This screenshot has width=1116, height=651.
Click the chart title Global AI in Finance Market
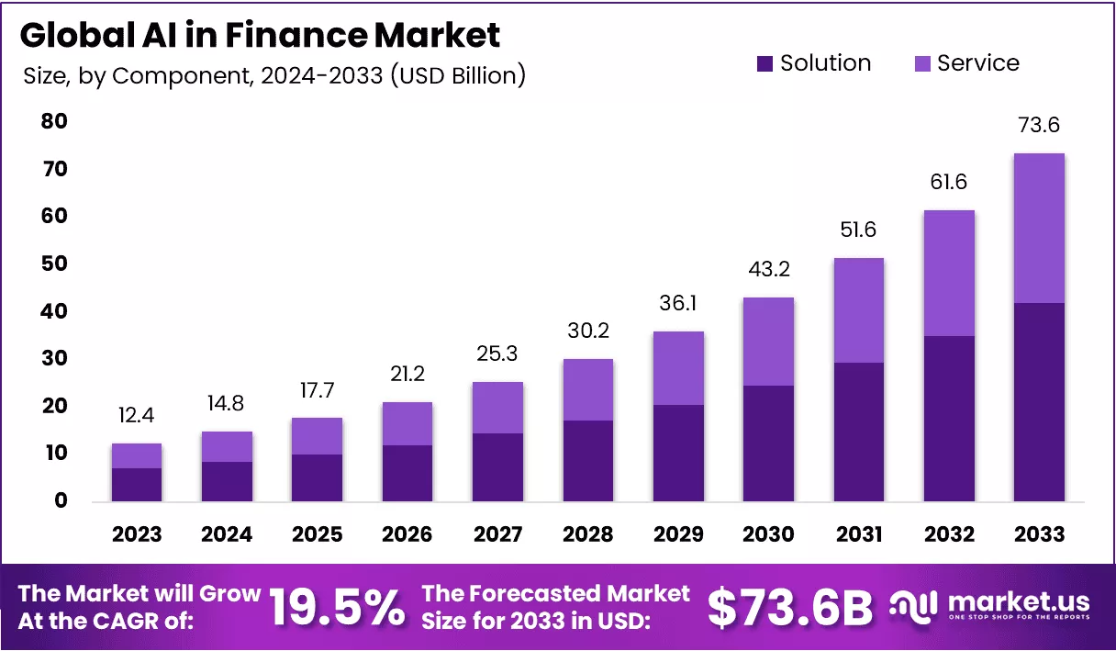pos(260,35)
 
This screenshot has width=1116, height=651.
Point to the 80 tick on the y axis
pos(54,122)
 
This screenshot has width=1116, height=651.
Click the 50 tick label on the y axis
pos(54,264)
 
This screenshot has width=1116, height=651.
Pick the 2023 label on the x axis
pos(137,534)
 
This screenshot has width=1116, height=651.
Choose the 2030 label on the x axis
pos(768,534)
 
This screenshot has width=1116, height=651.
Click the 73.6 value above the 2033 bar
pos(1038,125)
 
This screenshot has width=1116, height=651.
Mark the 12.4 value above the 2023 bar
pos(137,416)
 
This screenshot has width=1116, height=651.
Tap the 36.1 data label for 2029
pos(678,302)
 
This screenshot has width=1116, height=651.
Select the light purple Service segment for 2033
pos(1038,228)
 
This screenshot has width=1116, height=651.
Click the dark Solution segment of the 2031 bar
pos(858,432)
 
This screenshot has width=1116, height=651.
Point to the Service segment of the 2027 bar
pos(497,408)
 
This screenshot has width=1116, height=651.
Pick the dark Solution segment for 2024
pos(227,481)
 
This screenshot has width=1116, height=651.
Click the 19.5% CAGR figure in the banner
pos(338,607)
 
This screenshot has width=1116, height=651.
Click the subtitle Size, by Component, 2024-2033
pos(274,75)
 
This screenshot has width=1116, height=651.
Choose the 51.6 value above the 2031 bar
pos(858,230)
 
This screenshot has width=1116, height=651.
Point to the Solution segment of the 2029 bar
pos(678,453)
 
